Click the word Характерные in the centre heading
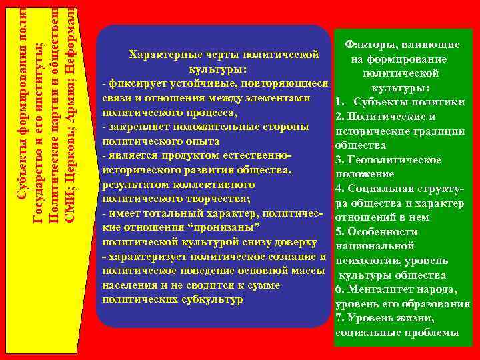click(x=160, y=55)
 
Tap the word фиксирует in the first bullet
click(x=135, y=84)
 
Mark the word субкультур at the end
click(x=213, y=299)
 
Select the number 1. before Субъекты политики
click(x=340, y=102)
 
